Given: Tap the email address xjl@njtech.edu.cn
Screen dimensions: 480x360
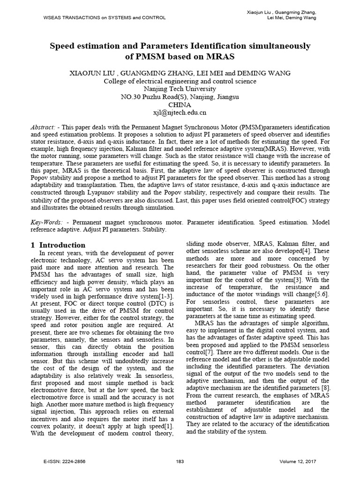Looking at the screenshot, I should pyautogui.click(x=180, y=112).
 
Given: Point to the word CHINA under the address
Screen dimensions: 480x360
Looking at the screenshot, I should pyautogui.click(x=180, y=105).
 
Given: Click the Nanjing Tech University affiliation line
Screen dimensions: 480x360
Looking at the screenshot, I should pyautogui.click(x=180, y=89).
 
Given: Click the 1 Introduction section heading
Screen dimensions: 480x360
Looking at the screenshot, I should pyautogui.click(x=58, y=245).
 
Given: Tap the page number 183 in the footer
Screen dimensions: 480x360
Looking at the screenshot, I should pyautogui.click(x=180, y=461).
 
